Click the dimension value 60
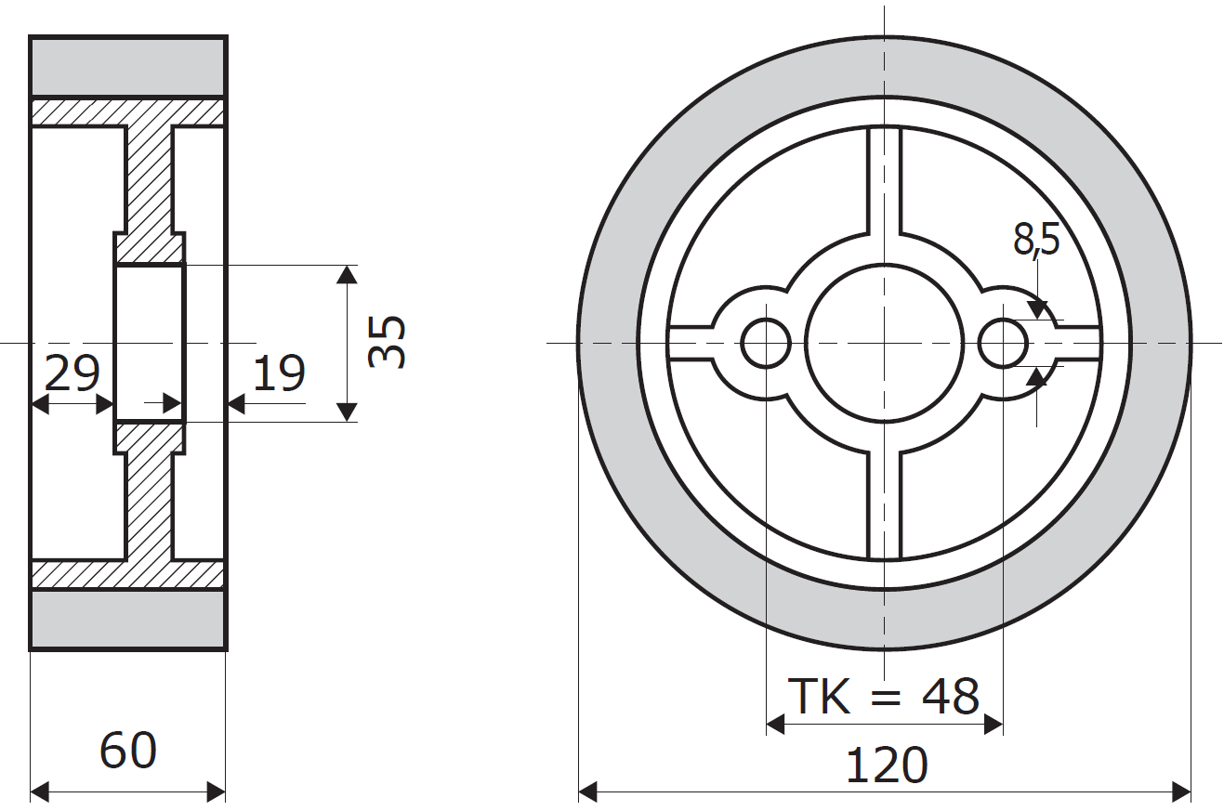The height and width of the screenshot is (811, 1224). (x=128, y=751)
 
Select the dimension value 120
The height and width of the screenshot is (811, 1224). (x=885, y=765)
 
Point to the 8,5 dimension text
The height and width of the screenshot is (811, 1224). (x=1036, y=240)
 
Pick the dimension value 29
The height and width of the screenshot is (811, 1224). (x=72, y=373)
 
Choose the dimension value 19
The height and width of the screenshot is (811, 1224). (x=278, y=373)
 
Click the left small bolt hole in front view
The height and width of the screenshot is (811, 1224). (x=765, y=344)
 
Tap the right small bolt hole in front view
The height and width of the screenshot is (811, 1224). (x=1003, y=344)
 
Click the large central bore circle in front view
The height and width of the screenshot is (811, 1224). (x=884, y=344)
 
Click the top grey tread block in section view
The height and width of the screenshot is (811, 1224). (x=128, y=66)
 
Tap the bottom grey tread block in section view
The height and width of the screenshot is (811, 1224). (x=128, y=620)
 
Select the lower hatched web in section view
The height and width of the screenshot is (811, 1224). (x=149, y=502)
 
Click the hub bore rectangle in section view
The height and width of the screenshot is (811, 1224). (x=149, y=344)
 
